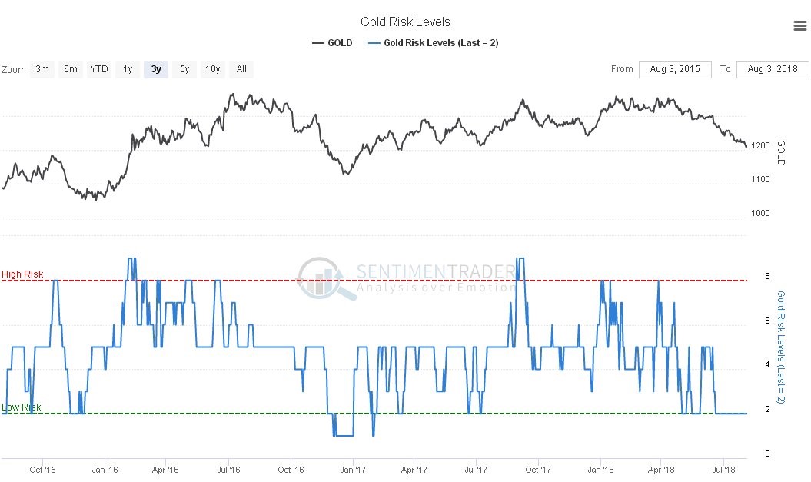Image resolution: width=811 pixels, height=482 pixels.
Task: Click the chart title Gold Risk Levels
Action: (x=405, y=22)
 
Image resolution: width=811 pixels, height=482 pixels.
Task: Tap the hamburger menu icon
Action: (x=799, y=26)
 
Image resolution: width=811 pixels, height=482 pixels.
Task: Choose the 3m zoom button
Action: (x=42, y=69)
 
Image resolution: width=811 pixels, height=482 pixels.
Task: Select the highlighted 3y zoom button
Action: (x=156, y=69)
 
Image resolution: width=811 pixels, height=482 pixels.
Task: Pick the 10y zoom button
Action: (x=213, y=69)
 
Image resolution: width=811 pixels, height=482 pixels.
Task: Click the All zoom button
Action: (x=241, y=69)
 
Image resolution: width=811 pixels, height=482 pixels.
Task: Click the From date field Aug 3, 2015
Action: (x=675, y=69)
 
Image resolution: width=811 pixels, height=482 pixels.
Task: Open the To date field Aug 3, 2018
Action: (x=773, y=69)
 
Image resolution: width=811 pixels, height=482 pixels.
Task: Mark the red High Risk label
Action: (x=22, y=274)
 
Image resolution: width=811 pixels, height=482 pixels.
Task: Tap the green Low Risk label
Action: (x=22, y=407)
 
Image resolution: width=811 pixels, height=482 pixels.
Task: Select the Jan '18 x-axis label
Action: (x=600, y=468)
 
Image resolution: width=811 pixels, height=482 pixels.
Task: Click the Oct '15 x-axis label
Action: (x=42, y=468)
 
